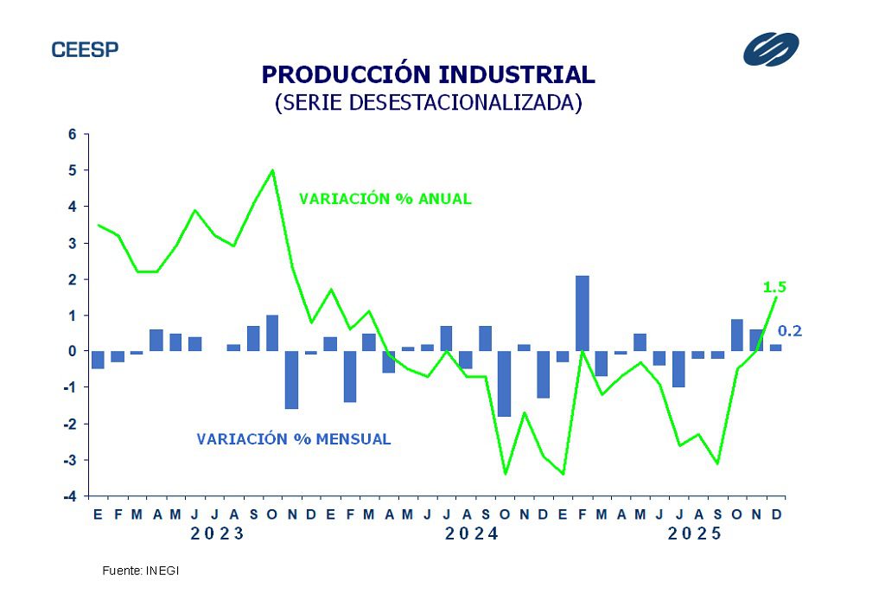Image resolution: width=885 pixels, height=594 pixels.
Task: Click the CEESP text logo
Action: tap(85, 49)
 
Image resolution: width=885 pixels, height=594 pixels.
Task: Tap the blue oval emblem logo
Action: tap(771, 48)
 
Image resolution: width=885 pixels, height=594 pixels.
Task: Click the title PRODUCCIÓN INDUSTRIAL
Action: tap(428, 74)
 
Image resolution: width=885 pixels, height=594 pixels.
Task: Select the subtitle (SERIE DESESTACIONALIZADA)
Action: tap(428, 102)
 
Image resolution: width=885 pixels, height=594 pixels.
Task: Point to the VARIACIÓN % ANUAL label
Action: tap(385, 199)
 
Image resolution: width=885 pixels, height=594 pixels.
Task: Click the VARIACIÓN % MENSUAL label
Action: tap(294, 439)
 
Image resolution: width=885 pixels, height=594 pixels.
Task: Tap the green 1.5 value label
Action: tap(774, 287)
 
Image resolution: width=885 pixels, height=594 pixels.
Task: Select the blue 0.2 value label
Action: tap(790, 330)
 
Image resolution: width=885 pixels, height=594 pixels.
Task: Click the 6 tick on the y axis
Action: tap(73, 135)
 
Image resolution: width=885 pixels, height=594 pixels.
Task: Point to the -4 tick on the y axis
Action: tap(72, 496)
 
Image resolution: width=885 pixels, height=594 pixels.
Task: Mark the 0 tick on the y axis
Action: tap(73, 351)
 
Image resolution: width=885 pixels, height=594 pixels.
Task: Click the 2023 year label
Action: tap(218, 534)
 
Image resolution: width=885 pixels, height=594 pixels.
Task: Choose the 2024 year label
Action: tap(472, 534)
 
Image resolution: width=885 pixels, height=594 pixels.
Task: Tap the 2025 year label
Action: tap(695, 534)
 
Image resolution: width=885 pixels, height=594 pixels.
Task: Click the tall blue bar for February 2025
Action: tap(583, 313)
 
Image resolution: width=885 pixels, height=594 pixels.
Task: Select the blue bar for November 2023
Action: tap(291, 380)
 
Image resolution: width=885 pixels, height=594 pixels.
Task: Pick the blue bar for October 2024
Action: tap(505, 383)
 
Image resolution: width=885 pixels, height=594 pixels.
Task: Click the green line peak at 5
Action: tap(273, 169)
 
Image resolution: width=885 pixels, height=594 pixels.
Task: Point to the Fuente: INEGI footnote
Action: tap(140, 572)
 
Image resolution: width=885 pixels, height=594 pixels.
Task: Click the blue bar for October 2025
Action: tap(737, 335)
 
